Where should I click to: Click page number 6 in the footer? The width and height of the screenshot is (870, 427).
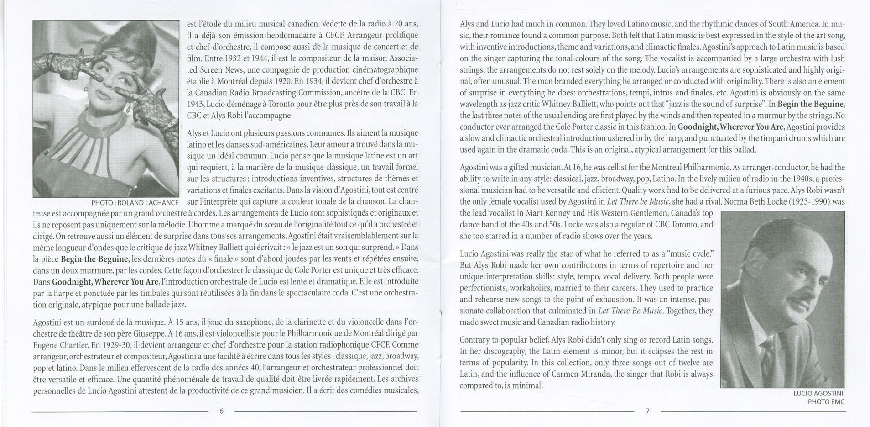[x=222, y=411]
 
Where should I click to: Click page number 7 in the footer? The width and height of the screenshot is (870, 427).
[x=647, y=411]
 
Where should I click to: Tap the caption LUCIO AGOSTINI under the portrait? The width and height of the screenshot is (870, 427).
[x=818, y=393]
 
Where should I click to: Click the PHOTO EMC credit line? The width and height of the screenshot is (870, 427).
[x=826, y=402]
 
